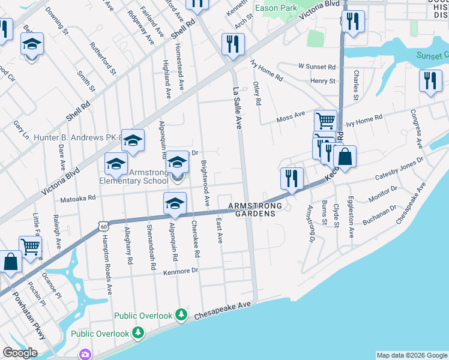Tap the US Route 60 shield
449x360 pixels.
[103, 226]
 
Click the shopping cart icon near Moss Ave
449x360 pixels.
[325, 120]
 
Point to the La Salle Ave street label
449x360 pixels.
[237, 107]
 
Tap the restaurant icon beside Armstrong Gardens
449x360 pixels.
[291, 178]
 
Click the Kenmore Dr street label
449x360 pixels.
[180, 272]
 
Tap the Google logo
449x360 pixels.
[20, 353]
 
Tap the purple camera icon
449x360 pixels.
[86, 355]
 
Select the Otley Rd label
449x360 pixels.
[258, 93]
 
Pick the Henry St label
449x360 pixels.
[322, 81]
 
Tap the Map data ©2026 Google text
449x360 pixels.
[412, 355]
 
